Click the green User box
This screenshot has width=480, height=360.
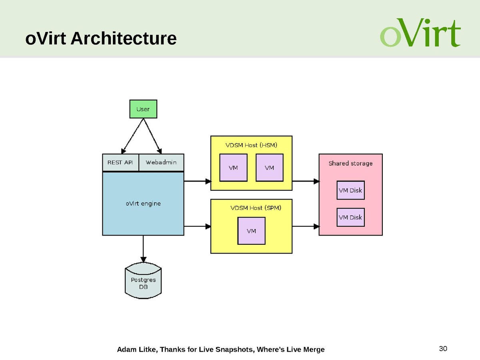tap(143, 109)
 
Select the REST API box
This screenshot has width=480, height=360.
tap(120, 162)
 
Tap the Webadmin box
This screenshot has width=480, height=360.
tap(161, 162)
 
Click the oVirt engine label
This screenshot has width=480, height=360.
tap(143, 203)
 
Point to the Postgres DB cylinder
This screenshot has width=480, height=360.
tap(143, 282)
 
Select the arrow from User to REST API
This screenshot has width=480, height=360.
tap(132, 136)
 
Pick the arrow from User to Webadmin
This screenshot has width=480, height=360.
tap(152, 136)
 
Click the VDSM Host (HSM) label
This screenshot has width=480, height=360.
tap(251, 144)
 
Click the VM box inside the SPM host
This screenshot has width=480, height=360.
tap(251, 231)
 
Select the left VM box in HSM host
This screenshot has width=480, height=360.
tap(233, 168)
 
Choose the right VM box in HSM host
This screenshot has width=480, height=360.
tap(269, 168)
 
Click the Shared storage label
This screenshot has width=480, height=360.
tap(350, 163)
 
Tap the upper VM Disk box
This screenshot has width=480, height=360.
tap(350, 190)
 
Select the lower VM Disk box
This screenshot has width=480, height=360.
tap(350, 217)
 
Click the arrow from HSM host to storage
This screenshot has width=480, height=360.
tap(305, 181)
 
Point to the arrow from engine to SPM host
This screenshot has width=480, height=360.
tap(197, 226)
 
